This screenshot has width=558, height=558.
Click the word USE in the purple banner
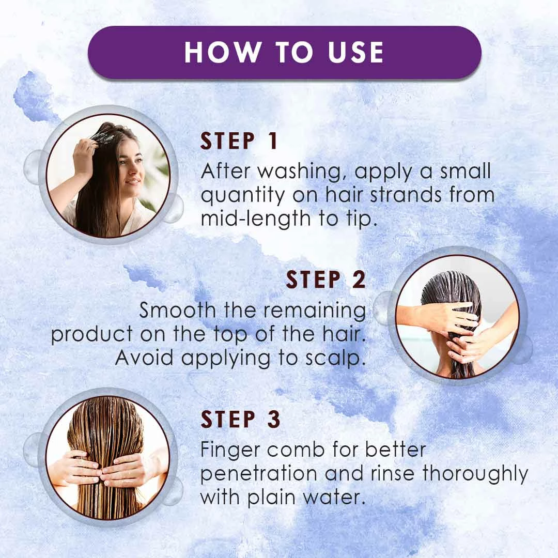click(355, 52)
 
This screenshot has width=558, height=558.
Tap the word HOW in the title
click(222, 52)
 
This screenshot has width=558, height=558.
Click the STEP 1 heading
click(239, 141)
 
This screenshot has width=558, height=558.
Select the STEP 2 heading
click(326, 280)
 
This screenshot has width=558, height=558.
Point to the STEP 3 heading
click(241, 419)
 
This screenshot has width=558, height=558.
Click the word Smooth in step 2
click(177, 310)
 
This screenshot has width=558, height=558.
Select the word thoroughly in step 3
click(475, 474)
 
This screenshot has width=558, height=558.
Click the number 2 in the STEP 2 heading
click(359, 280)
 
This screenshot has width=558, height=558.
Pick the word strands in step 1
click(407, 195)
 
